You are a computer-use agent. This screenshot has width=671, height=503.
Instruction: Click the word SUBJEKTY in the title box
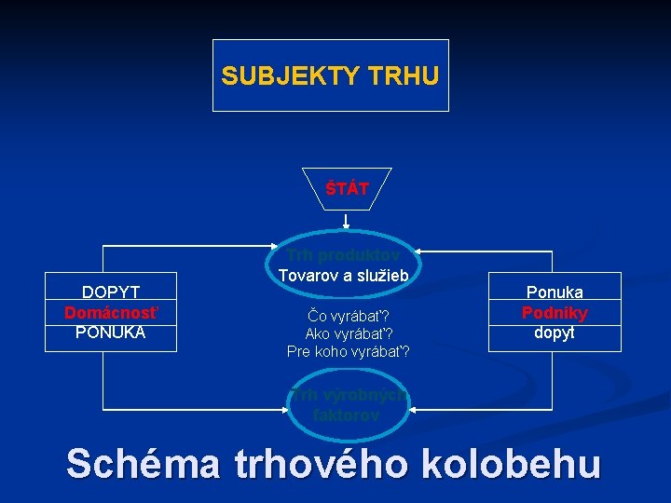[x=292, y=75]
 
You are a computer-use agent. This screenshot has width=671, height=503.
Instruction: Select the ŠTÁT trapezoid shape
[x=348, y=189]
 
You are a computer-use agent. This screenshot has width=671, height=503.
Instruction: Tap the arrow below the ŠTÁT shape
[x=347, y=221]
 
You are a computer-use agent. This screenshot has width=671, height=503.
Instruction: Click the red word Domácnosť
[x=111, y=312]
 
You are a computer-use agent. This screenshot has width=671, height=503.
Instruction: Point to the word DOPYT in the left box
[x=111, y=293]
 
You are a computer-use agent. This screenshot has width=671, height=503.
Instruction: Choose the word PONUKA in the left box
[x=111, y=332]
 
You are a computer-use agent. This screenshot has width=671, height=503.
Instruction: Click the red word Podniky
[x=555, y=312]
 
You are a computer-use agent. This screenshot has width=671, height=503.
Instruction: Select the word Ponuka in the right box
[x=555, y=292]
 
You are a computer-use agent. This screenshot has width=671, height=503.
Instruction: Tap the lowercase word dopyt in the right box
[x=555, y=332]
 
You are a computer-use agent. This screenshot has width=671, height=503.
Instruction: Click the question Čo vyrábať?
[x=348, y=315]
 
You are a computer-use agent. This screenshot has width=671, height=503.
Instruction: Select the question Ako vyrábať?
[x=348, y=333]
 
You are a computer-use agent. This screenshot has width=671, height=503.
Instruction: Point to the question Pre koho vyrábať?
[x=348, y=352]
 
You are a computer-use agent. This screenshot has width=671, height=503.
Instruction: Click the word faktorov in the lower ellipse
[x=347, y=415]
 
